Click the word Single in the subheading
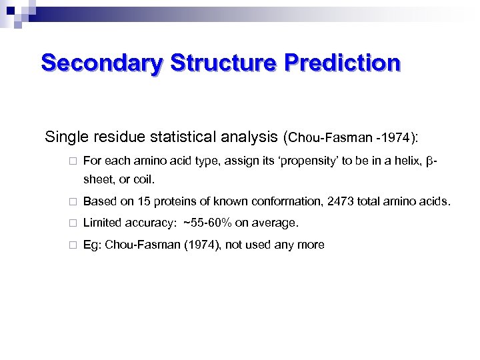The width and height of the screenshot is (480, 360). pos(65,138)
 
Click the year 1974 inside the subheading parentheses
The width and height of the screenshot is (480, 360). pos(397,139)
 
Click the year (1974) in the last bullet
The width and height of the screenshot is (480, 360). pos(203,245)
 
